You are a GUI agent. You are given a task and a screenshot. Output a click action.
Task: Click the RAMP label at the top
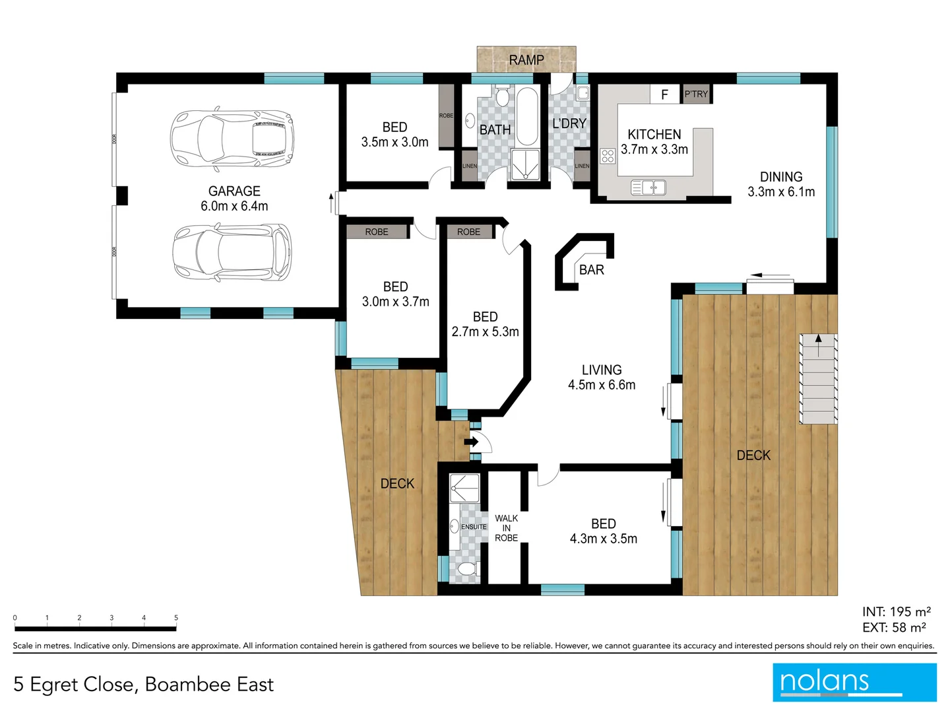click(526, 60)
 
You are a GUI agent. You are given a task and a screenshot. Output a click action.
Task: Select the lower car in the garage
click(232, 252)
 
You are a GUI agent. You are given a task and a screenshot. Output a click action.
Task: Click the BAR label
click(591, 270)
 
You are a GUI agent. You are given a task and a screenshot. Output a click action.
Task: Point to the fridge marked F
click(664, 94)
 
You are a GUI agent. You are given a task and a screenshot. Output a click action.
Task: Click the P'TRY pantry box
click(696, 94)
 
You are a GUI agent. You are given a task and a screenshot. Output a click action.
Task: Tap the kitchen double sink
click(649, 187)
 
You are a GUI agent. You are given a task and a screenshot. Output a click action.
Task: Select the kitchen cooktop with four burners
click(608, 156)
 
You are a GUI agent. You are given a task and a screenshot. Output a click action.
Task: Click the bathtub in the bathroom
click(527, 117)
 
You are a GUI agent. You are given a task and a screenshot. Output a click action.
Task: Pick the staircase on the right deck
click(818, 379)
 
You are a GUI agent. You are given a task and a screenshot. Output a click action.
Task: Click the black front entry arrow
click(471, 442)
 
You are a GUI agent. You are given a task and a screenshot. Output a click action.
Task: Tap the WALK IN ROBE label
click(506, 528)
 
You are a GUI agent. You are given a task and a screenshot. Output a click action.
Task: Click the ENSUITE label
click(474, 527)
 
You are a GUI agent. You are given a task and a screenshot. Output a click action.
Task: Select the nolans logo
click(854, 682)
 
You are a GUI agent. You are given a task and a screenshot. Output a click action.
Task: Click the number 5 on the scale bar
click(176, 618)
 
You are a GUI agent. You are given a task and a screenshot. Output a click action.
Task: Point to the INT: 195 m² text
click(896, 612)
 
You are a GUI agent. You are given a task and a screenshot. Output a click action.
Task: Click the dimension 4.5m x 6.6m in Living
click(602, 385)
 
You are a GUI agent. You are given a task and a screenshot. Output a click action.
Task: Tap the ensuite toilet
click(467, 569)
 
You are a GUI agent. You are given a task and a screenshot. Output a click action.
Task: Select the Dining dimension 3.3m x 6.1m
click(781, 192)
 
